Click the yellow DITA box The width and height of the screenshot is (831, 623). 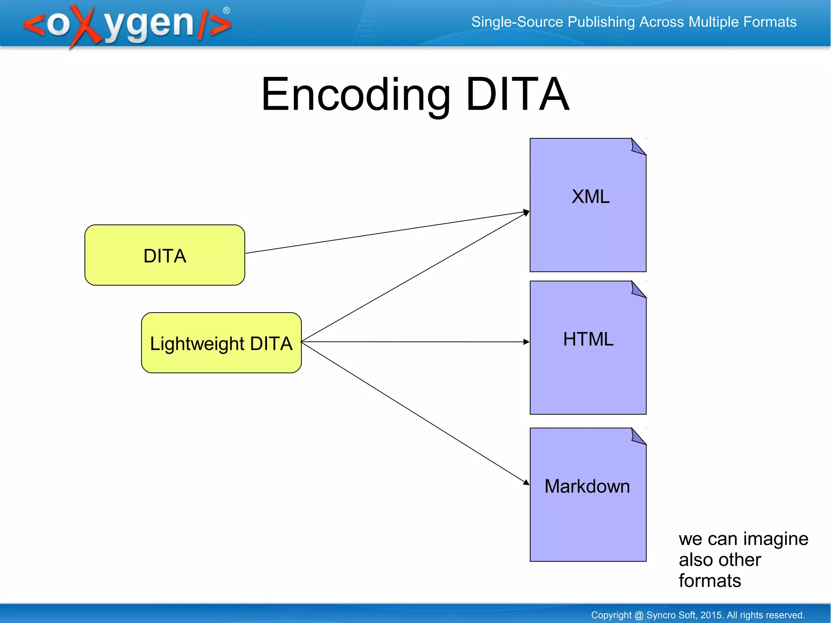pos(164,255)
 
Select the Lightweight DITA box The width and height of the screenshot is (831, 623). pos(221,343)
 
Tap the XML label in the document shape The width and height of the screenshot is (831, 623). pos(590,197)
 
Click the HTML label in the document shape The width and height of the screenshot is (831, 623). pos(588,339)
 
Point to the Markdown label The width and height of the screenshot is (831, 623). pos(587,486)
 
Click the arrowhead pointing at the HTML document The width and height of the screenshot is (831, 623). pos(526,342)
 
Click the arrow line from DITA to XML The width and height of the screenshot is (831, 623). pos(385,233)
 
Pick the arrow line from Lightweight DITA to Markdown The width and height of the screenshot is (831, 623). pos(414,412)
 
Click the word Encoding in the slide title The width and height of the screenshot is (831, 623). pos(355,95)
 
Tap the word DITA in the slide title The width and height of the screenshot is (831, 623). pos(517,95)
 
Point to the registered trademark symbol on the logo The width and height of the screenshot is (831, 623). pos(226,11)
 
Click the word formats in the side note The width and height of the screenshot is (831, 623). pos(710,581)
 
